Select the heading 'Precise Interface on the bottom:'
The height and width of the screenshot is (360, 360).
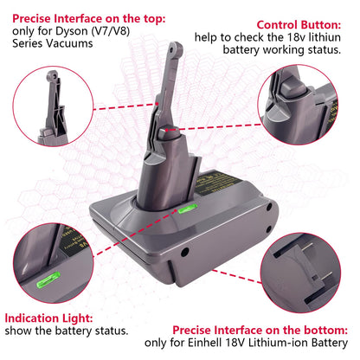point(260,329)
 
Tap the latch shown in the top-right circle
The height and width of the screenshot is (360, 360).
point(292,95)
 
